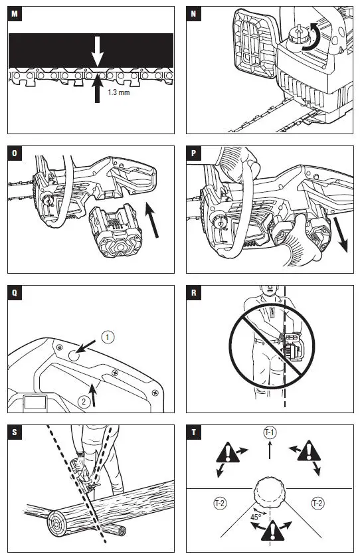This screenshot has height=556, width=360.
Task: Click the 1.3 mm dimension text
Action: point(119,92)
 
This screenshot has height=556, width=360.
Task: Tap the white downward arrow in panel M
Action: point(97,51)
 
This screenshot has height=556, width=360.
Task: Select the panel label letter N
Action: point(193,14)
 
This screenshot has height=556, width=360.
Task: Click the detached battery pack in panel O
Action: point(116,230)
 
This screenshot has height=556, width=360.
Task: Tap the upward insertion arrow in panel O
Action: point(152,219)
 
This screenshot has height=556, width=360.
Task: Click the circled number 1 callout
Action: point(108,337)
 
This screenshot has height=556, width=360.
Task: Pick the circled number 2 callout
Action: point(84,401)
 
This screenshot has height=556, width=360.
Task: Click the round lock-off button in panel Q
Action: point(74,355)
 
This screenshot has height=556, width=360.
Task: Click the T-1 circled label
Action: point(270,432)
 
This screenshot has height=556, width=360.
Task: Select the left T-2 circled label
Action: point(220,503)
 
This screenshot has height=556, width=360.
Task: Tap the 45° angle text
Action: point(256,517)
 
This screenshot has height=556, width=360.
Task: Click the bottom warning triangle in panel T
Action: point(272,531)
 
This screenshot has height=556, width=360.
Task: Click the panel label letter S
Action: point(15,432)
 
